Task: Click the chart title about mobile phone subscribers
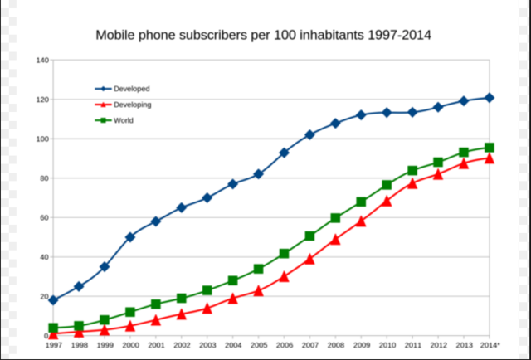[x=263, y=36]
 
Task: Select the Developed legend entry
[x=131, y=89]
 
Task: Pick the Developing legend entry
[x=132, y=105]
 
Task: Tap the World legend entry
[x=124, y=120]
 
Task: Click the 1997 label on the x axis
[x=53, y=345]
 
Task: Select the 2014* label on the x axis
[x=490, y=345]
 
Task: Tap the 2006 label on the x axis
[x=284, y=345]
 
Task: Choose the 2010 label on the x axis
[x=387, y=345]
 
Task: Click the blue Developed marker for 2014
[x=490, y=98]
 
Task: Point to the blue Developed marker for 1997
[x=53, y=300]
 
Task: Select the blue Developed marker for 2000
[x=130, y=237]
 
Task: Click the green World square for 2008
[x=335, y=218]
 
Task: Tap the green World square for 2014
[x=490, y=148]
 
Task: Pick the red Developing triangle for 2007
[x=309, y=259]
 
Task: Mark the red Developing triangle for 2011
[x=412, y=183]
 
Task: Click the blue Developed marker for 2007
[x=309, y=134]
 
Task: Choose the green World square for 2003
[x=207, y=290]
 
